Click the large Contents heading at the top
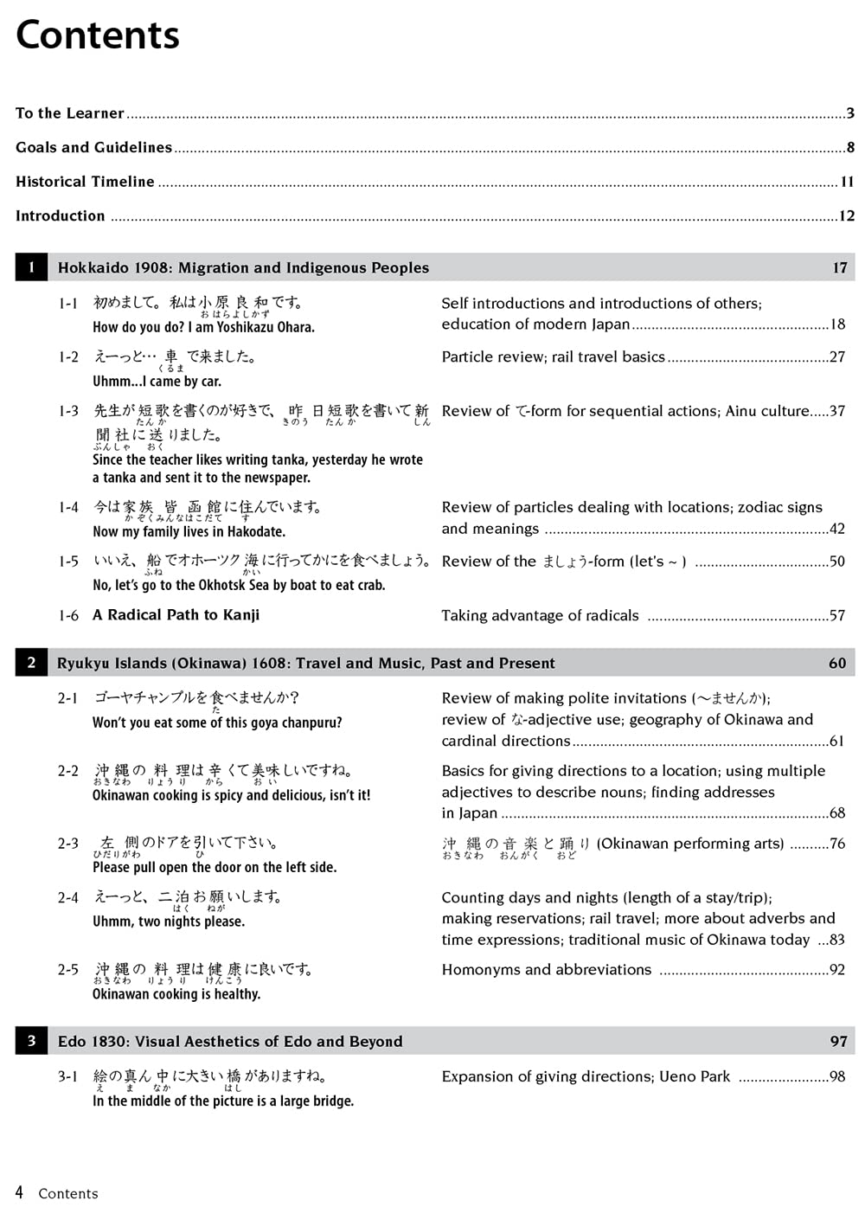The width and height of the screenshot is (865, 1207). click(x=98, y=35)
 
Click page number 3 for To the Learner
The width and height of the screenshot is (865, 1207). click(x=850, y=113)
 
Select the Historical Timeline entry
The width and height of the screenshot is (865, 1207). click(x=85, y=182)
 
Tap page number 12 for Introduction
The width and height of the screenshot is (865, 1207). click(x=847, y=216)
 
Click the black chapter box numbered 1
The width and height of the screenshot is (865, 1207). click(x=31, y=267)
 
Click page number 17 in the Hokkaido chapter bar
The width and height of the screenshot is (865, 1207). click(x=840, y=268)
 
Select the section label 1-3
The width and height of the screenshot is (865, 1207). click(x=68, y=411)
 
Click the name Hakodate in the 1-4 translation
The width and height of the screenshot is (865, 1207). click(x=256, y=531)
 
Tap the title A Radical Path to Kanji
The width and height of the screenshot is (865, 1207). click(x=176, y=615)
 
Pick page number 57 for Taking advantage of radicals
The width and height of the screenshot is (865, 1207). click(x=837, y=616)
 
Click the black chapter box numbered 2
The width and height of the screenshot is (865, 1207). click(x=31, y=663)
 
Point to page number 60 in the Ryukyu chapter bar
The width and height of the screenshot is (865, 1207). click(x=837, y=664)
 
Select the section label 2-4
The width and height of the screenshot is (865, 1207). click(x=68, y=898)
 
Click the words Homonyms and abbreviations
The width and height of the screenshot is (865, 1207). click(x=546, y=970)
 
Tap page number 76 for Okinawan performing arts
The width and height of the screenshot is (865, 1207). click(x=837, y=844)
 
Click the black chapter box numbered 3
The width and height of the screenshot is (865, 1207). click(x=31, y=1041)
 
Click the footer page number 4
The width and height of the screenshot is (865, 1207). click(x=20, y=1192)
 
